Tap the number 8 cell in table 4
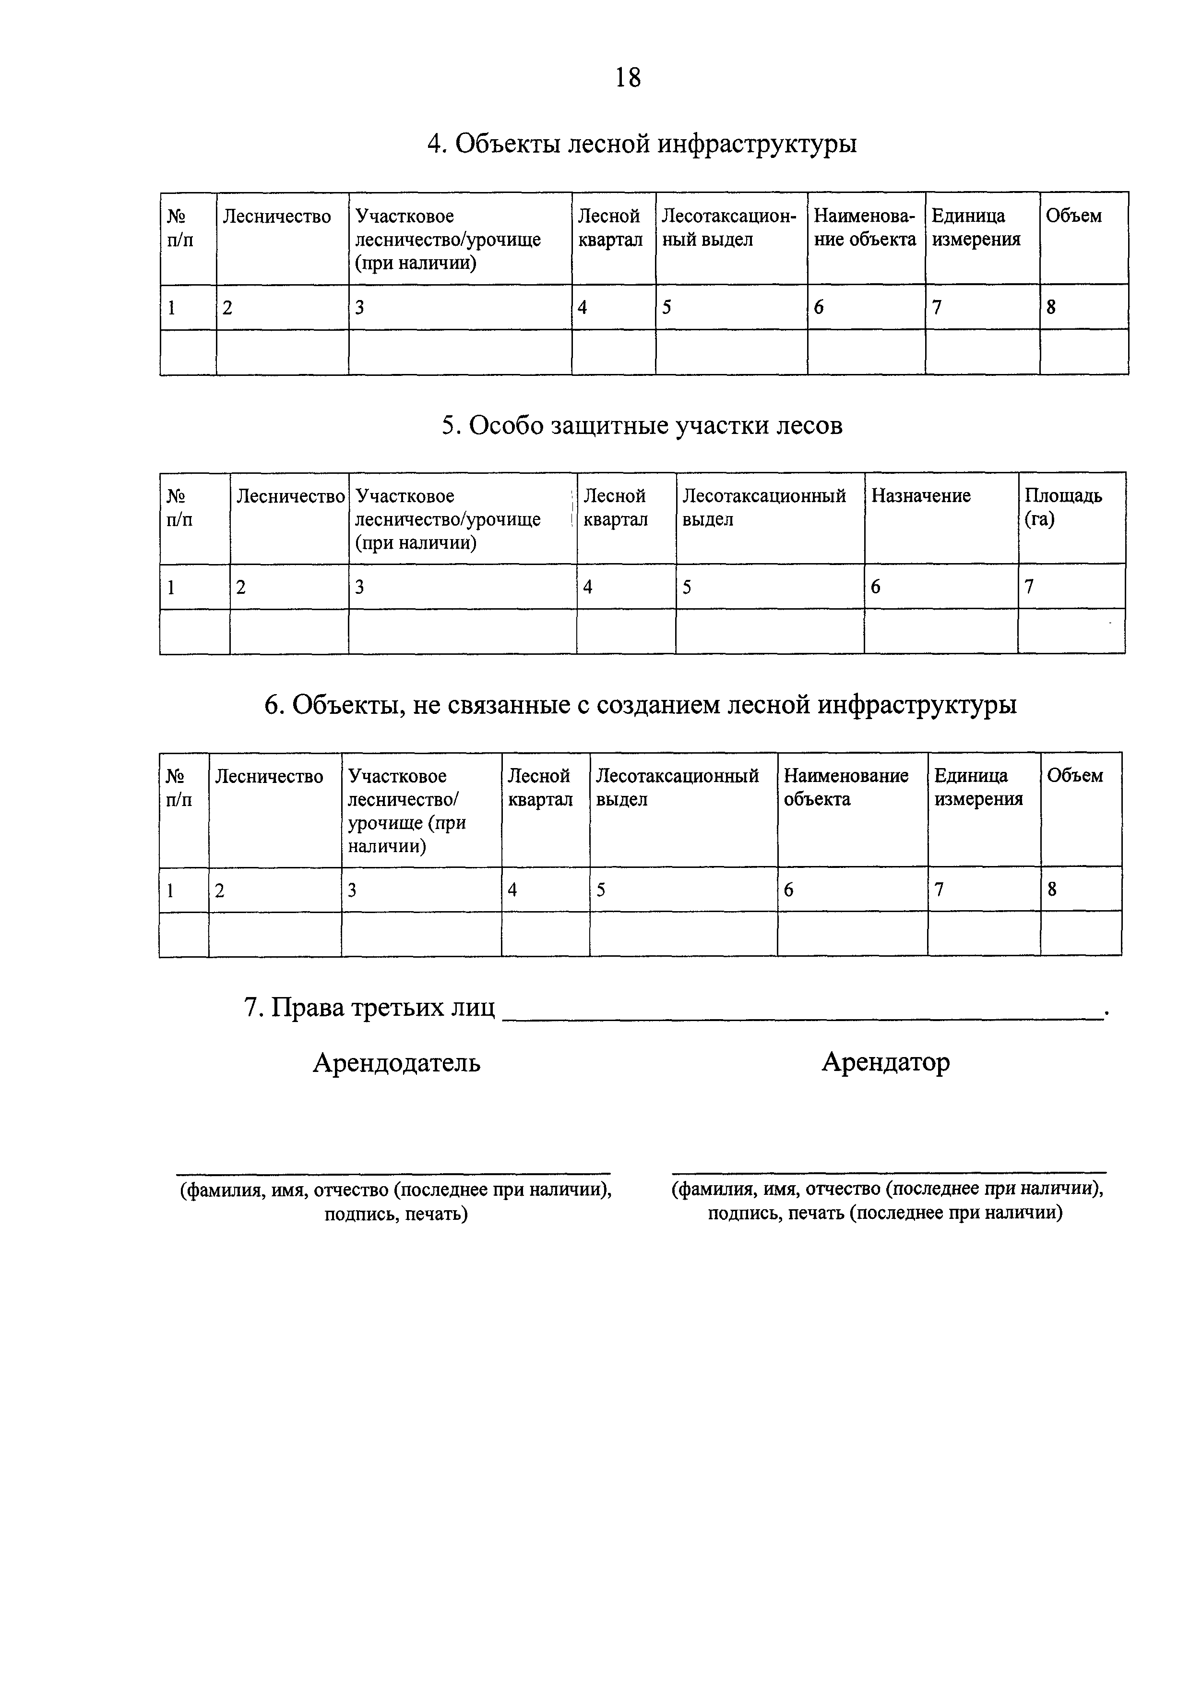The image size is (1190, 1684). click(1051, 308)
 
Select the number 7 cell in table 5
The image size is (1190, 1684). click(1029, 587)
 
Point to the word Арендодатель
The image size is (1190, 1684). click(397, 1063)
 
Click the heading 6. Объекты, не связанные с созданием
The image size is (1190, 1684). click(640, 706)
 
